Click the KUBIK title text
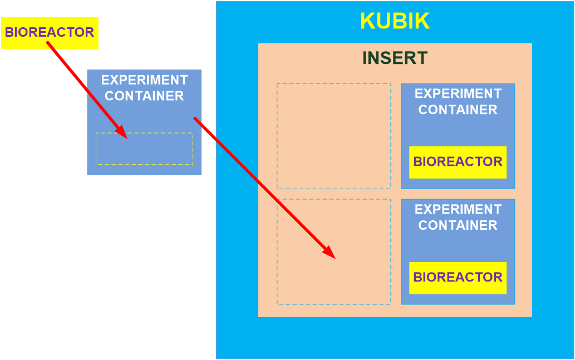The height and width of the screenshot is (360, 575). click(395, 21)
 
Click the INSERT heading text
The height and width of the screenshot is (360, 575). click(395, 58)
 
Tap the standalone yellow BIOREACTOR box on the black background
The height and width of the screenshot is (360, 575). click(49, 33)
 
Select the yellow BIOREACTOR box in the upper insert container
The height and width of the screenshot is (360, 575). click(458, 162)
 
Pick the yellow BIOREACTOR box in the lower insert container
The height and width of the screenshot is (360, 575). click(458, 278)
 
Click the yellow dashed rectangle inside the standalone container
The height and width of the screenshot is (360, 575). click(144, 149)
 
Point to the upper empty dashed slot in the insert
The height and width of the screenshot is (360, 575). click(334, 136)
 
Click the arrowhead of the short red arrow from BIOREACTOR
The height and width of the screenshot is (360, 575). click(124, 134)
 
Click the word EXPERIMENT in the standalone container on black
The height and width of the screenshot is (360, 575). click(144, 80)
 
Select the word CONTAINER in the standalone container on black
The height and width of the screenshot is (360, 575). click(144, 96)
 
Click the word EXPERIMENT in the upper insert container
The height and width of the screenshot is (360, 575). click(458, 93)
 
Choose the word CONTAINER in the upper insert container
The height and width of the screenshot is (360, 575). click(458, 110)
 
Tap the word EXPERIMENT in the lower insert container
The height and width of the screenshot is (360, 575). click(458, 209)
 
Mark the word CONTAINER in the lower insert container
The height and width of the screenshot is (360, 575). click(458, 225)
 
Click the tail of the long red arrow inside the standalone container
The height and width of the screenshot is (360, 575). click(195, 119)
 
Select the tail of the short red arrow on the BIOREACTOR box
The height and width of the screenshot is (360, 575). click(49, 43)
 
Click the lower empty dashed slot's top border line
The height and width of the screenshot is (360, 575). click(334, 199)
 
